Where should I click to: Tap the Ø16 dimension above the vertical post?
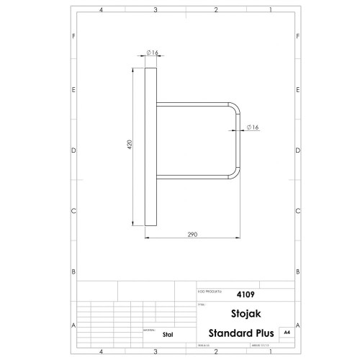coord(152,53)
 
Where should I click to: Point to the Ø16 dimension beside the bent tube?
coord(253,127)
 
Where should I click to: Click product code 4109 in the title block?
coord(246,294)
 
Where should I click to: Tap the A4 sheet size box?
coord(287,333)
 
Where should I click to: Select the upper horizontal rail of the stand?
coord(194,102)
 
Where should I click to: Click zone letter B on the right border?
coord(298,271)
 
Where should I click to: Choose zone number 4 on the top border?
coord(101,11)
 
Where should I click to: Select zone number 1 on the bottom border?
coord(269,351)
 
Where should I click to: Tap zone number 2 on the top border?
coord(216,11)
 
